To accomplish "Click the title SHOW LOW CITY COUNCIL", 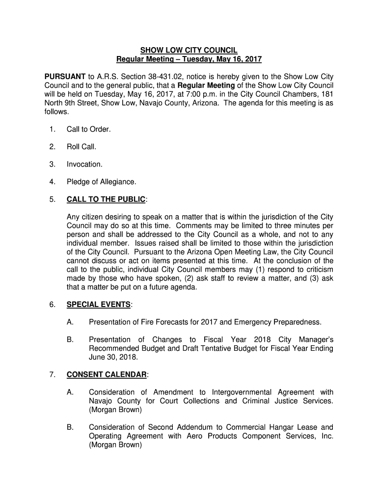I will [189, 50].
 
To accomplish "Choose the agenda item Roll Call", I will [81, 147].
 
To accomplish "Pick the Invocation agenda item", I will [84, 165].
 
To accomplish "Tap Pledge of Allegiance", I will [102, 182].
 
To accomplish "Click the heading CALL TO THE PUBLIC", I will [106, 199].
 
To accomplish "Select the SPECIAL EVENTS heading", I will [99, 305].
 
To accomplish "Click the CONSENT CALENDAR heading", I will [107, 375].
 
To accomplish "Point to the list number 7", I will [52, 375].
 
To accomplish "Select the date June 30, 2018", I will [111, 358].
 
